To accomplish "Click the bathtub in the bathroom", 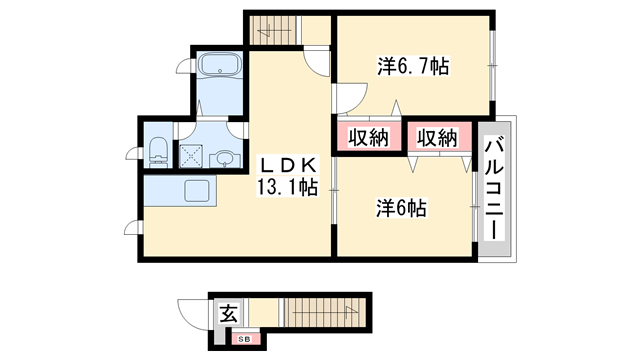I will coord(219,66).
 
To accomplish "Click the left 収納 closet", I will coord(367,137).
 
